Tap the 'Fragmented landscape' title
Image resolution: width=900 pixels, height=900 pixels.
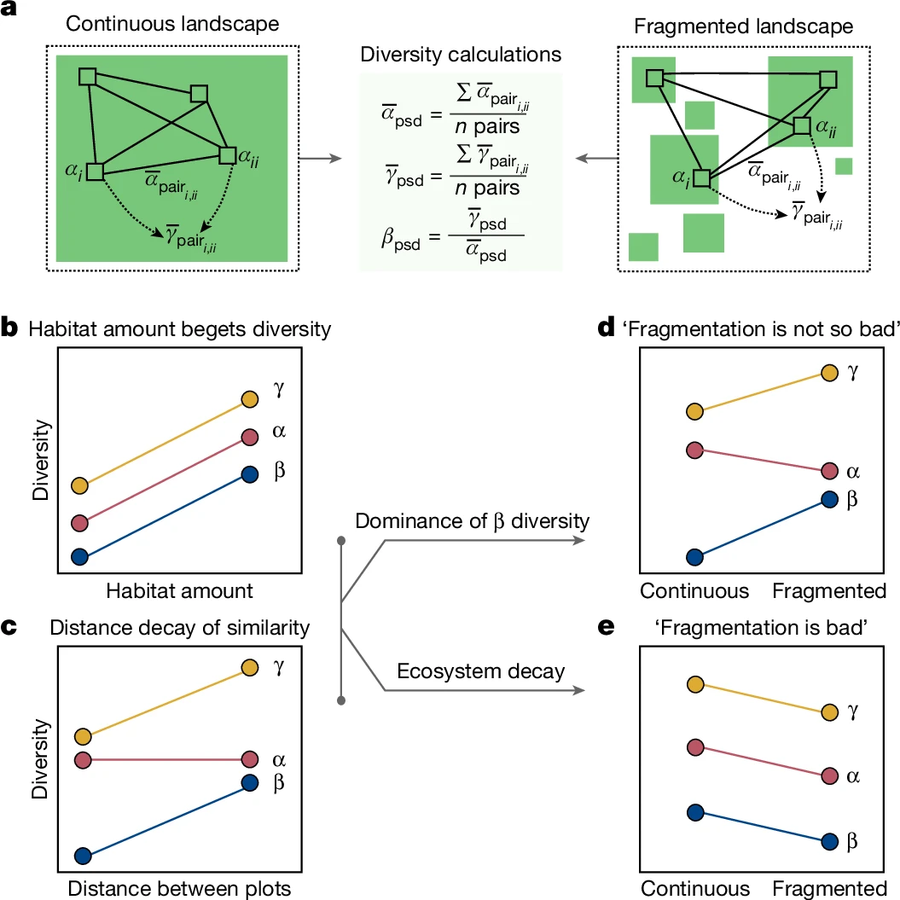(x=743, y=26)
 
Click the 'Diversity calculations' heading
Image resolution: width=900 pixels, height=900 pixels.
(x=461, y=55)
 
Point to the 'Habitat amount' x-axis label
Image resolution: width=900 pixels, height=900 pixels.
(x=181, y=589)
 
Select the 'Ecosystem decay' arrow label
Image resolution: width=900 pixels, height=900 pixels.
(x=480, y=671)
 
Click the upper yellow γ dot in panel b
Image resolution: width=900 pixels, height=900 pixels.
(x=249, y=399)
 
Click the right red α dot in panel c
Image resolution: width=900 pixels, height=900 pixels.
(x=249, y=759)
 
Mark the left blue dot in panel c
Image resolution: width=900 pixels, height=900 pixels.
(x=83, y=856)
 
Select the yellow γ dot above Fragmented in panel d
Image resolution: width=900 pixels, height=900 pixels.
(x=828, y=372)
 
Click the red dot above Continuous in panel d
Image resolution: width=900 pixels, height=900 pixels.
(x=695, y=450)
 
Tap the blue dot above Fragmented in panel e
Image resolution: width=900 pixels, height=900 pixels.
(x=828, y=841)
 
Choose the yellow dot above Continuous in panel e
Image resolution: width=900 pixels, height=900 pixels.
(x=695, y=684)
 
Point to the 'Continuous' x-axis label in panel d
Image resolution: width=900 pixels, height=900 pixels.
(x=695, y=590)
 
